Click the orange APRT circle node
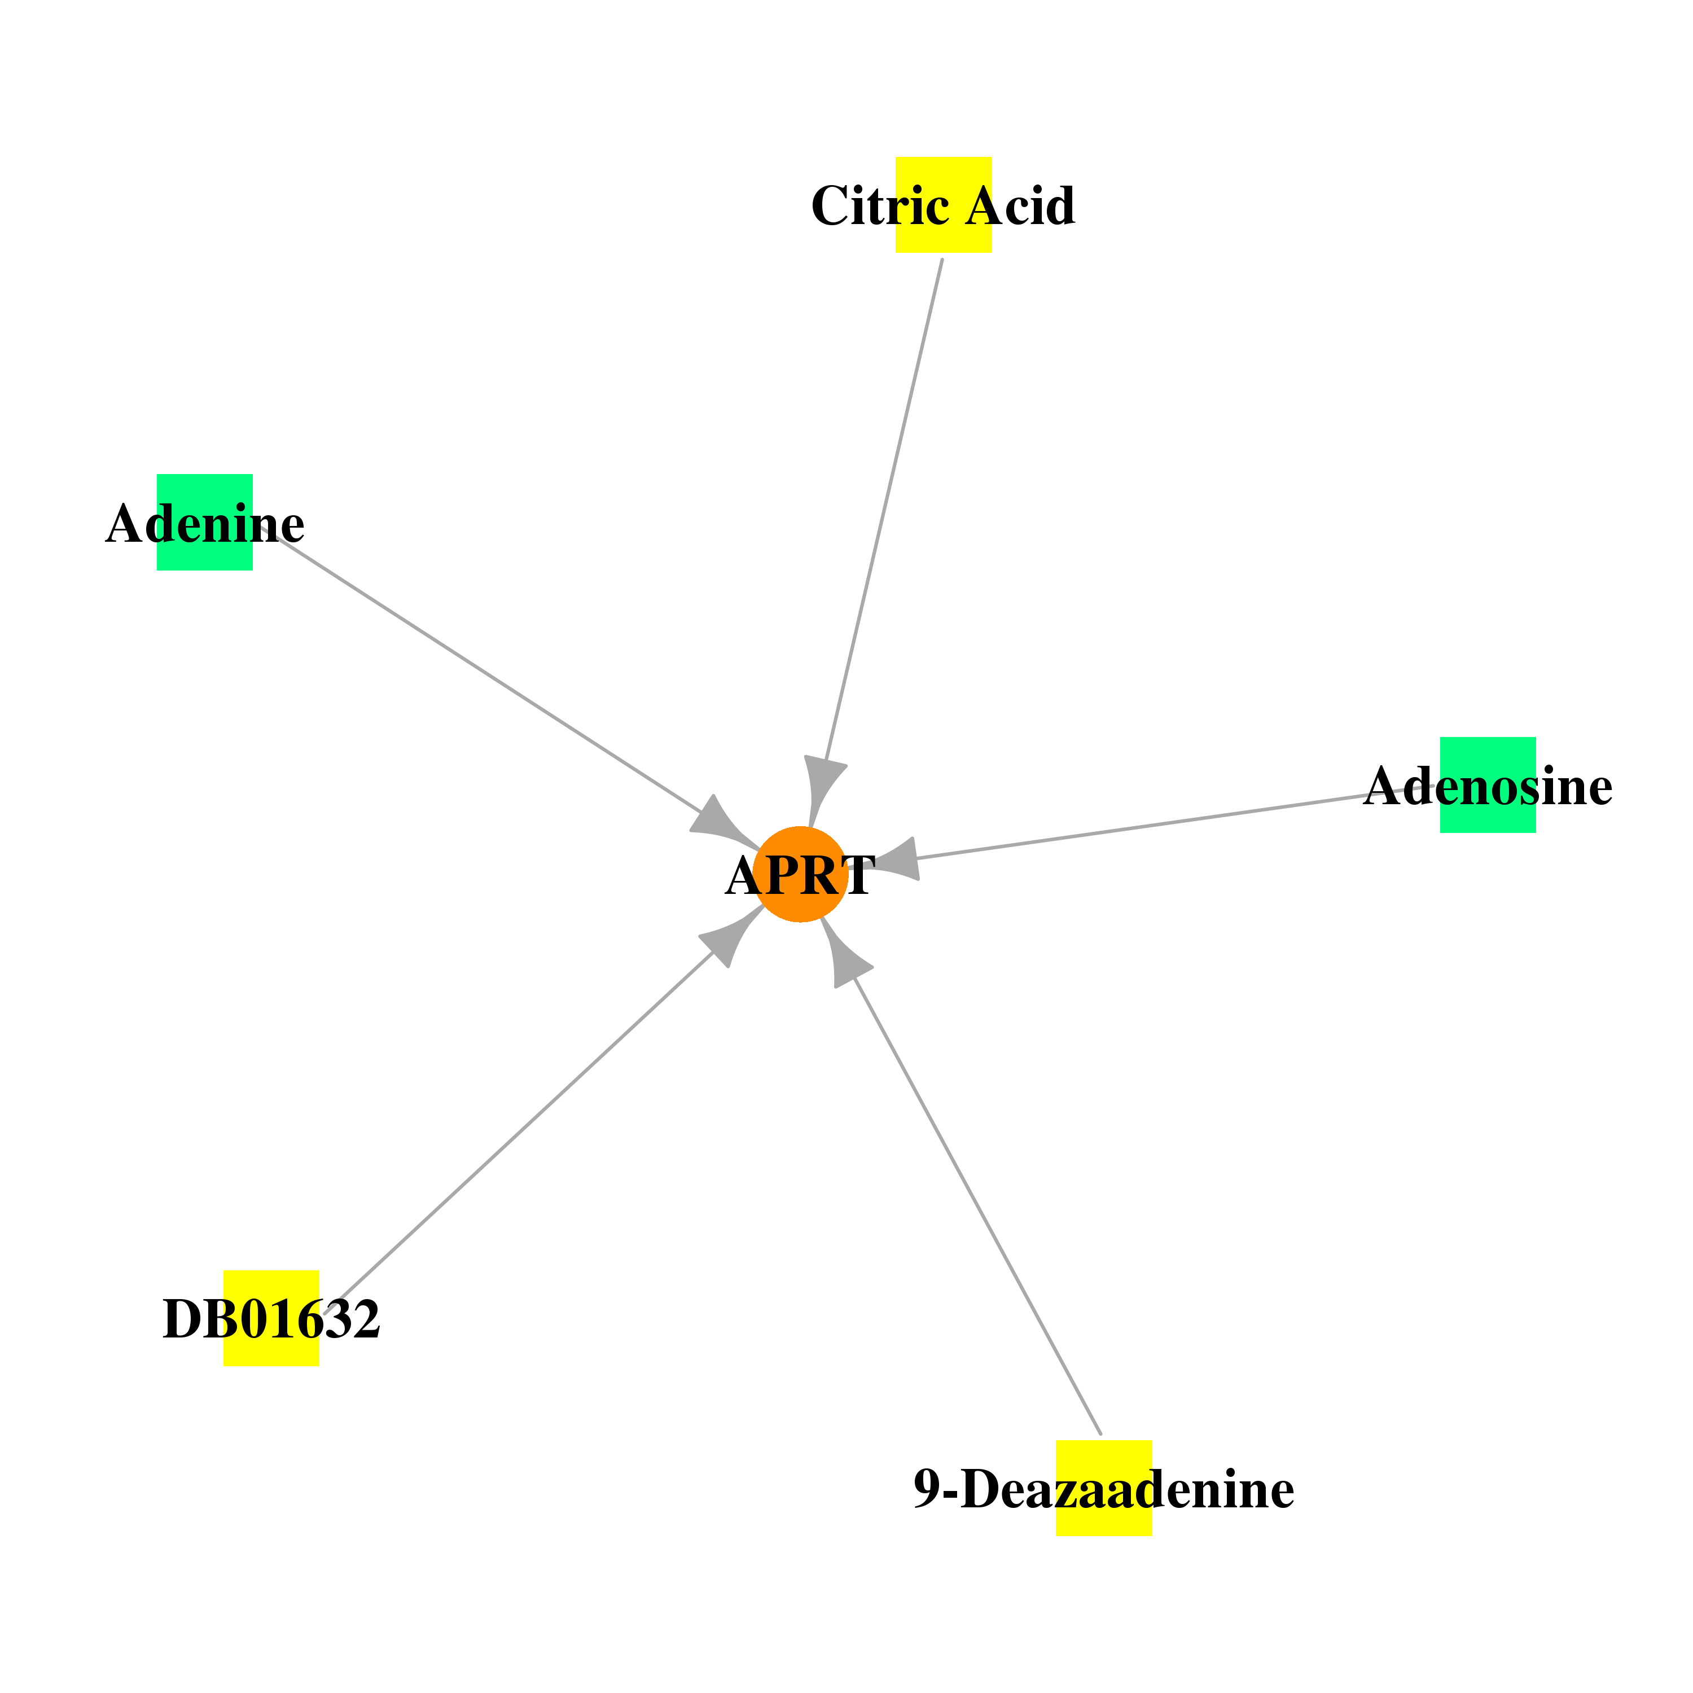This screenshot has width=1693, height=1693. click(x=800, y=875)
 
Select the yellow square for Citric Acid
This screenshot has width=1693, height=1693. click(x=943, y=205)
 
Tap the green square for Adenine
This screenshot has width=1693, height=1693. click(x=205, y=522)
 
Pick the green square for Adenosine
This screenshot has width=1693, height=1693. click(x=1488, y=785)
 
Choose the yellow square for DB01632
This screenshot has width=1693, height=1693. click(x=271, y=1318)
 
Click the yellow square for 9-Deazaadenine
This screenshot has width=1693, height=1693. click(x=1104, y=1488)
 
